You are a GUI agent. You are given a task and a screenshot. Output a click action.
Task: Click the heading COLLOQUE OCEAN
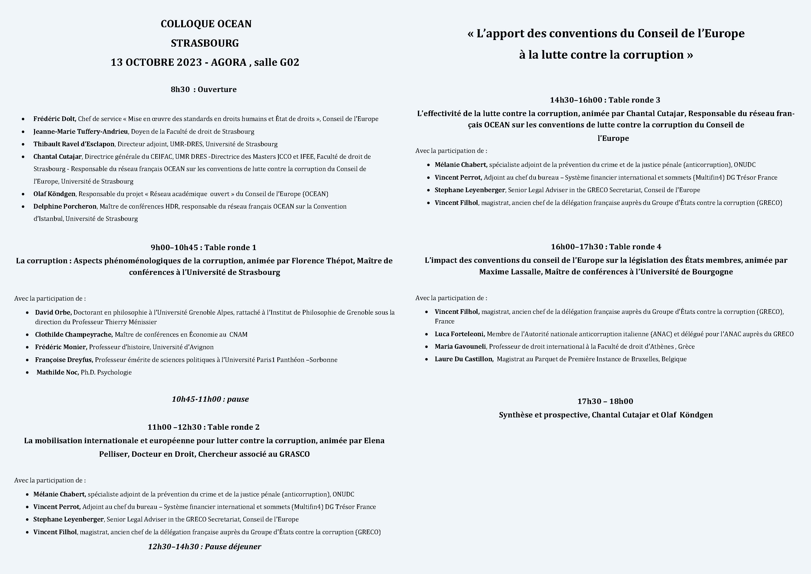[x=206, y=24]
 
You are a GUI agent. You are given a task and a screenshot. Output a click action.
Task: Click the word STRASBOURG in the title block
[x=205, y=43]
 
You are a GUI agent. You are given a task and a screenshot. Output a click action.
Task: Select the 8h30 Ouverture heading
[x=204, y=89]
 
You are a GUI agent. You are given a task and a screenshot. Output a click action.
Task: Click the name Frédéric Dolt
[x=55, y=119]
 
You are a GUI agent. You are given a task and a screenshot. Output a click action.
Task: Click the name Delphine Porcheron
[x=65, y=206]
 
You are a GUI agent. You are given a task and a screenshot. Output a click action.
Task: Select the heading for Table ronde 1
[x=204, y=247]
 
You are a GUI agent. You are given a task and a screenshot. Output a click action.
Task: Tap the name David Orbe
[x=53, y=312]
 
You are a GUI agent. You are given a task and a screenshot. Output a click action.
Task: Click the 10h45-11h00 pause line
[x=210, y=399]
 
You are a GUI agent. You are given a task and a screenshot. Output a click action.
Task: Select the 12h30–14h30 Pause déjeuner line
[x=205, y=547]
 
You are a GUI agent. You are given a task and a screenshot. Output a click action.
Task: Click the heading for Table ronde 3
[x=605, y=100]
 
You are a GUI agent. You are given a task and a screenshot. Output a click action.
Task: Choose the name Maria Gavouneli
[x=460, y=347]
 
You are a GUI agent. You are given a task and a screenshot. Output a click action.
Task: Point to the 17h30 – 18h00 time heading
[x=605, y=401]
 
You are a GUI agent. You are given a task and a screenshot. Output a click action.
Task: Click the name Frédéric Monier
[x=60, y=347]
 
